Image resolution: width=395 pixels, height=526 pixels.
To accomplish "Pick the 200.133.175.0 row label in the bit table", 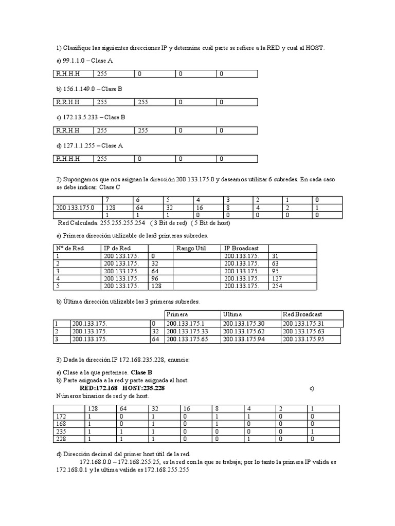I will pyautogui.click(x=75, y=207).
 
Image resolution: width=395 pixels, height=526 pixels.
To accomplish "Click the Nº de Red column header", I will pyautogui.click(x=70, y=248).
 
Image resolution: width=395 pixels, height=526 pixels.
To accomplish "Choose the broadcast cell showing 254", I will pyautogui.click(x=276, y=286).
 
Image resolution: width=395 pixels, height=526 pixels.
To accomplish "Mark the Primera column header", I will pyautogui.click(x=177, y=314).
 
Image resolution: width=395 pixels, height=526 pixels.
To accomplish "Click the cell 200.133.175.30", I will pyautogui.click(x=244, y=323).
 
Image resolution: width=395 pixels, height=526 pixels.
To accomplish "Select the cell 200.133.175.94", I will pyautogui.click(x=244, y=340).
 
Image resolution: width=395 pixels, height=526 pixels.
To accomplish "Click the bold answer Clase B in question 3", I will pyautogui.click(x=141, y=372).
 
